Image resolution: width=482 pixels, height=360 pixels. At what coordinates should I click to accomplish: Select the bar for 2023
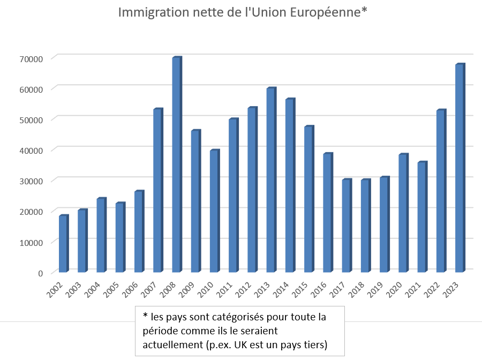(x=460, y=168)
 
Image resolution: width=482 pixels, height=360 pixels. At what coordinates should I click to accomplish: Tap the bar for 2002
(x=63, y=244)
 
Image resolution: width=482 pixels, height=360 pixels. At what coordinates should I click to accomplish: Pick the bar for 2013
(x=271, y=180)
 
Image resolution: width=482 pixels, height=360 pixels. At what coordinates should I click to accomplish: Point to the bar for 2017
(x=347, y=226)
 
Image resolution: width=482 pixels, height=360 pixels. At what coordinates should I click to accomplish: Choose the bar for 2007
(x=157, y=191)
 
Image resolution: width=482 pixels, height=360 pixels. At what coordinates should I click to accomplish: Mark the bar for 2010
(x=214, y=211)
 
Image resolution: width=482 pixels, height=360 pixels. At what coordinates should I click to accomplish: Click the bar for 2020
(x=403, y=213)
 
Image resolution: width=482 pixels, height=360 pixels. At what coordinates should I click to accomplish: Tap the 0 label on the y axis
(x=40, y=273)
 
